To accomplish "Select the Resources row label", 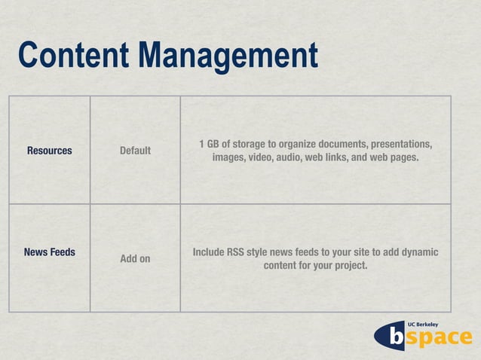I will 50,151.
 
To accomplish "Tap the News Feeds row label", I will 50,252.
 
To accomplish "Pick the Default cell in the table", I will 135,151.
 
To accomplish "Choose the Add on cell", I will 135,259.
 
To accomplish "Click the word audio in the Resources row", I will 290,158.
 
